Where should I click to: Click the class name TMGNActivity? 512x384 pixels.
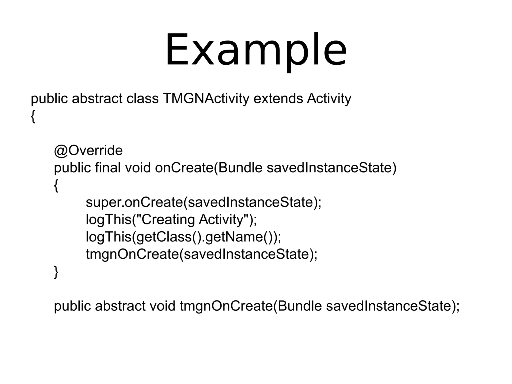click(206, 98)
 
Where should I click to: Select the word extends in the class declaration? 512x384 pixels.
click(278, 98)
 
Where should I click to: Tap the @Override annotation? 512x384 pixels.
click(88, 150)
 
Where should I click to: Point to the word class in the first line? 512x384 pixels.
click(142, 98)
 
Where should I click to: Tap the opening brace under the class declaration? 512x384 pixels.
click(33, 116)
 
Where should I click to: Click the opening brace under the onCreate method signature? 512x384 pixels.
click(56, 186)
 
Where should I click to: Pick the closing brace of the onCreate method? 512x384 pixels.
click(56, 272)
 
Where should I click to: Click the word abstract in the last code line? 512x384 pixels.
click(120, 306)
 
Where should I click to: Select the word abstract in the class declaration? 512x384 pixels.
click(97, 98)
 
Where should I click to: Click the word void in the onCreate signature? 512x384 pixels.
click(138, 168)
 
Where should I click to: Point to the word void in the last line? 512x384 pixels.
click(162, 306)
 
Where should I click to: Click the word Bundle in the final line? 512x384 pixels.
click(300, 306)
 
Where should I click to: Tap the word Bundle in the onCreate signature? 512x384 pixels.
click(240, 168)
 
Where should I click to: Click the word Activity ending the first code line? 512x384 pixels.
click(329, 98)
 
